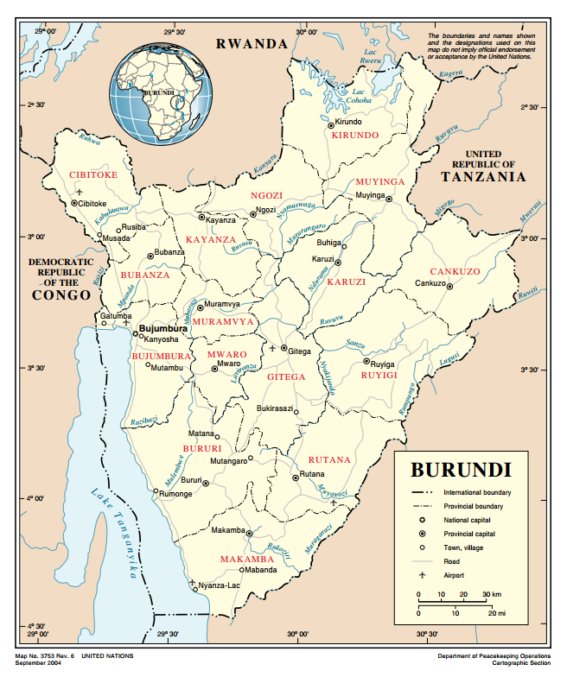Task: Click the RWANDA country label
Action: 251,43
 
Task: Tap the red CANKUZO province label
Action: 455,272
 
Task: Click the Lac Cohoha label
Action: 359,95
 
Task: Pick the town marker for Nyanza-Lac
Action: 194,585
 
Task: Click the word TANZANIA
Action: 483,176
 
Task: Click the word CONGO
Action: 61,295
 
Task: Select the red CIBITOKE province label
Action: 93,175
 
